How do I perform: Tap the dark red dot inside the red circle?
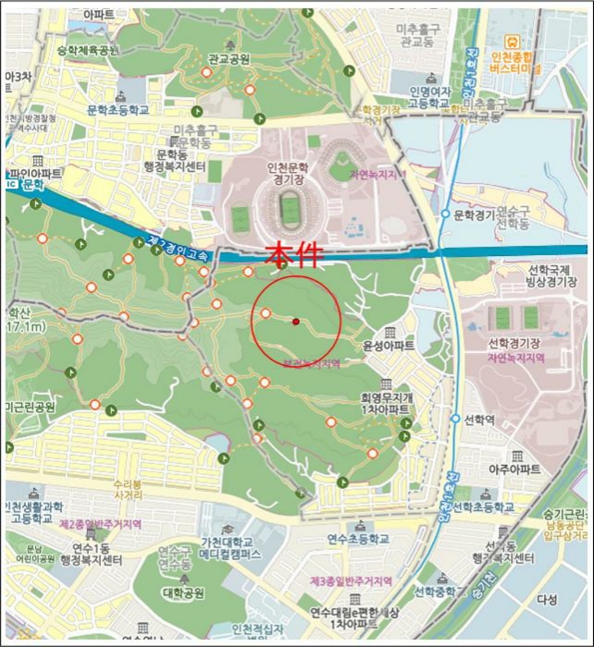click(295, 322)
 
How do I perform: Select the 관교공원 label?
click(229, 59)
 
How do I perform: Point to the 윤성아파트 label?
click(389, 346)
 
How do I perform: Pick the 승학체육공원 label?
click(88, 49)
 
